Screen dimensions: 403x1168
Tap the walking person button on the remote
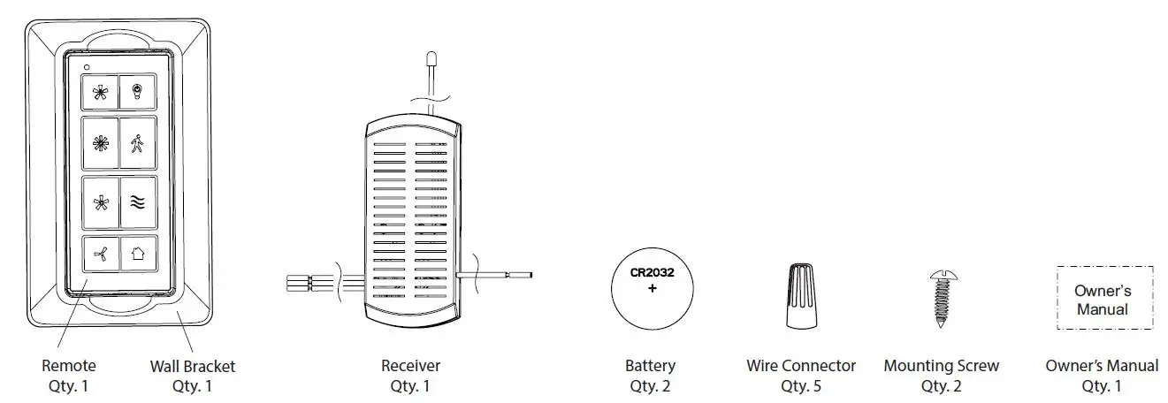[138, 143]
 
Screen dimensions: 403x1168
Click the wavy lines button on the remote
[138, 201]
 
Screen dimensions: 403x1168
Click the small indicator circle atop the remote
[86, 67]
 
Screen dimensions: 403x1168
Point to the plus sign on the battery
[653, 289]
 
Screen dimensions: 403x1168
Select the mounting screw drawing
[939, 299]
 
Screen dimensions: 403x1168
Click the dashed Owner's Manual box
[1104, 299]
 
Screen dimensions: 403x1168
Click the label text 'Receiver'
[410, 366]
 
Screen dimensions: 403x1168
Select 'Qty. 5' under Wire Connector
[801, 385]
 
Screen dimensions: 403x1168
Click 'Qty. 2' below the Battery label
[651, 385]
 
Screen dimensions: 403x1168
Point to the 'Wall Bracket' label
[193, 366]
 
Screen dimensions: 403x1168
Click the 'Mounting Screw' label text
[942, 366]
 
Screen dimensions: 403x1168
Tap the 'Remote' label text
[69, 366]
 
